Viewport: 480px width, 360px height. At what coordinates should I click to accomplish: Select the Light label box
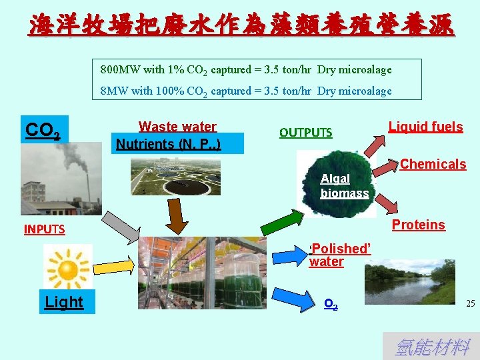click(64, 302)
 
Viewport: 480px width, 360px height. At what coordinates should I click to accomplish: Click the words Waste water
click(177, 127)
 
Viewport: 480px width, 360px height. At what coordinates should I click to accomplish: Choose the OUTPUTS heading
click(305, 132)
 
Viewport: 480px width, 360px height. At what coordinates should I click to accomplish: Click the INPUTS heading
click(44, 229)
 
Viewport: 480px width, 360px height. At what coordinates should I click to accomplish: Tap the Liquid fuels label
click(425, 127)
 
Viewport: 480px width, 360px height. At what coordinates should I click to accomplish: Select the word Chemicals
click(433, 164)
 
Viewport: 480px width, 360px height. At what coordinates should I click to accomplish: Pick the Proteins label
click(418, 225)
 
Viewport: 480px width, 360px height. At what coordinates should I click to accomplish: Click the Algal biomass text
click(344, 186)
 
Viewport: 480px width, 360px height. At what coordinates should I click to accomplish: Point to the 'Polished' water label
click(340, 255)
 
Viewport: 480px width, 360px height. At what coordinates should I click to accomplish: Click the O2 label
click(331, 305)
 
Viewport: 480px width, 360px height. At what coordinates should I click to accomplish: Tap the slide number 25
click(470, 303)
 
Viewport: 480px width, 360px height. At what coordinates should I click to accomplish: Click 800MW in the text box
click(114, 69)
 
